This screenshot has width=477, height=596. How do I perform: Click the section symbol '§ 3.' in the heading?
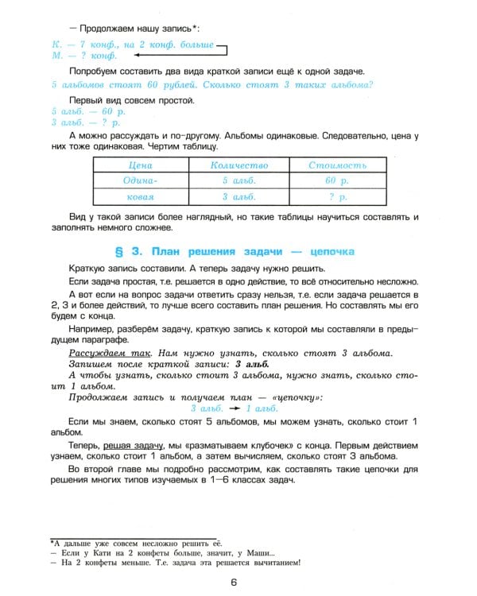(129, 251)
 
